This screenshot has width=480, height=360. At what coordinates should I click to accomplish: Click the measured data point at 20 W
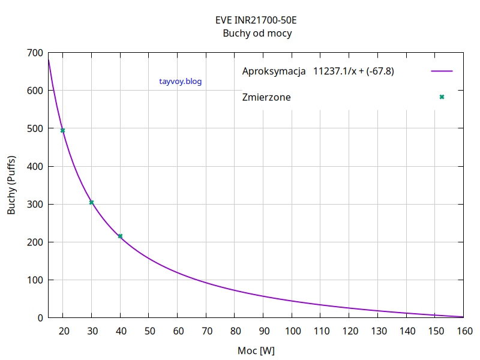[x=63, y=130]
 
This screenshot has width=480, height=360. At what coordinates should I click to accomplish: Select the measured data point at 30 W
[x=92, y=202]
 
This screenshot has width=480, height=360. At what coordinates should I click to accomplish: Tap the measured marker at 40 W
[x=120, y=236]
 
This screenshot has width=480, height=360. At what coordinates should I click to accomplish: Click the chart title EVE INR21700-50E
[x=256, y=20]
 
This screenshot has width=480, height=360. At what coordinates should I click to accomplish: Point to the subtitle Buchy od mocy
[x=257, y=34]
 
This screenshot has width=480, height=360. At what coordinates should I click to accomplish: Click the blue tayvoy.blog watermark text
[x=181, y=81]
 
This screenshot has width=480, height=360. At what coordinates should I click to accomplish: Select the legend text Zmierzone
[x=266, y=97]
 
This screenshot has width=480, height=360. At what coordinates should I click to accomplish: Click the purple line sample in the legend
[x=442, y=71]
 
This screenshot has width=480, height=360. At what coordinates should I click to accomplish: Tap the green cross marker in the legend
[x=442, y=97]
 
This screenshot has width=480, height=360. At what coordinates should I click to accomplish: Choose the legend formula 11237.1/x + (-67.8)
[x=353, y=71]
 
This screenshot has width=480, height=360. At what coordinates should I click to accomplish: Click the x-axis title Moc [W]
[x=256, y=350]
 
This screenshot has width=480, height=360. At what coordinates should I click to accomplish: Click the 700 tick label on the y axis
[x=35, y=53]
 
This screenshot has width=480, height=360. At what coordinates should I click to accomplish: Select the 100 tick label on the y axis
[x=35, y=280]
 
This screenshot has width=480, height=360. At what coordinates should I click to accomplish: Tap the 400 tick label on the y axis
[x=35, y=166]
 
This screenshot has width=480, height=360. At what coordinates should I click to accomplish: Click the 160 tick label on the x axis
[x=464, y=331]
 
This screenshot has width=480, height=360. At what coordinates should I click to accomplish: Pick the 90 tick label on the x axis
[x=263, y=331]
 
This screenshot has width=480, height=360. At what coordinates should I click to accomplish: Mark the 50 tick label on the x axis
[x=149, y=331]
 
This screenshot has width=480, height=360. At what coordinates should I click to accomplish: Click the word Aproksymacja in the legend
[x=274, y=71]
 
